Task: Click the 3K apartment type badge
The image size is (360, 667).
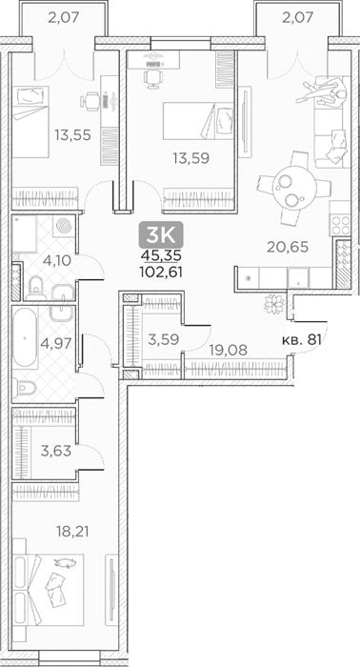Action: click(x=161, y=234)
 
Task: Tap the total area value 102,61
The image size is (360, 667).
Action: click(x=161, y=273)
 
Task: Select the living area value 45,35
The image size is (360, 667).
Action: click(x=161, y=255)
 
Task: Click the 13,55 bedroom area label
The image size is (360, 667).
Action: click(x=72, y=135)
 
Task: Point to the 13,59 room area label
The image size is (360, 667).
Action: click(x=190, y=158)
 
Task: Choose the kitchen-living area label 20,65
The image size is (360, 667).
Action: click(x=288, y=247)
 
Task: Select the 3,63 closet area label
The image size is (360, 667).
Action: click(x=55, y=451)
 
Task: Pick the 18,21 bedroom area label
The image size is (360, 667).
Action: click(x=72, y=531)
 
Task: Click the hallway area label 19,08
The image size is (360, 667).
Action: click(x=227, y=350)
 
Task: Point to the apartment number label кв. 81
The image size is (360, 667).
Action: click(x=301, y=339)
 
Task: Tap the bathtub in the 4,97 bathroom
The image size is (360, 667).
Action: click(x=25, y=337)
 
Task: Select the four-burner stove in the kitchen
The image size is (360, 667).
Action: click(x=340, y=224)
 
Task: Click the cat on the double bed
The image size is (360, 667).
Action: click(x=66, y=563)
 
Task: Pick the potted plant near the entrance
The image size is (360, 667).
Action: click(x=273, y=304)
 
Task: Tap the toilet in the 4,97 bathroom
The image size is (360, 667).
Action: click(x=25, y=388)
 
